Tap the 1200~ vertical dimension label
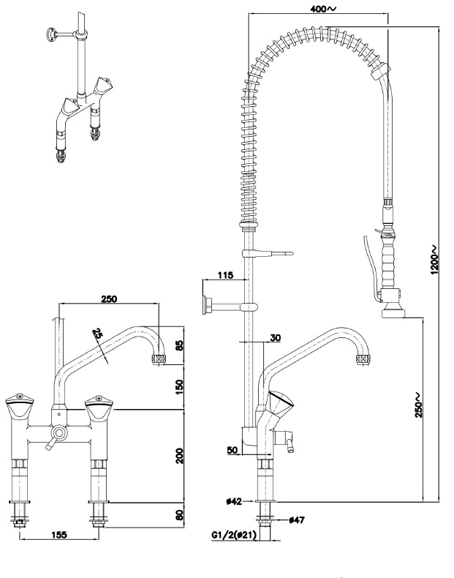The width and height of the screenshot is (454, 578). (x=434, y=259)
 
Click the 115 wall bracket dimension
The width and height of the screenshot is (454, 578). (x=224, y=275)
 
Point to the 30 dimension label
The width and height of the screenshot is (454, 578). (x=275, y=337)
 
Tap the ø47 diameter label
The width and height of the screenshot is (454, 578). (x=297, y=520)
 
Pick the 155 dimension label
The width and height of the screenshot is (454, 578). (x=59, y=535)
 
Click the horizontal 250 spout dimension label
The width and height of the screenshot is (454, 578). (x=109, y=299)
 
